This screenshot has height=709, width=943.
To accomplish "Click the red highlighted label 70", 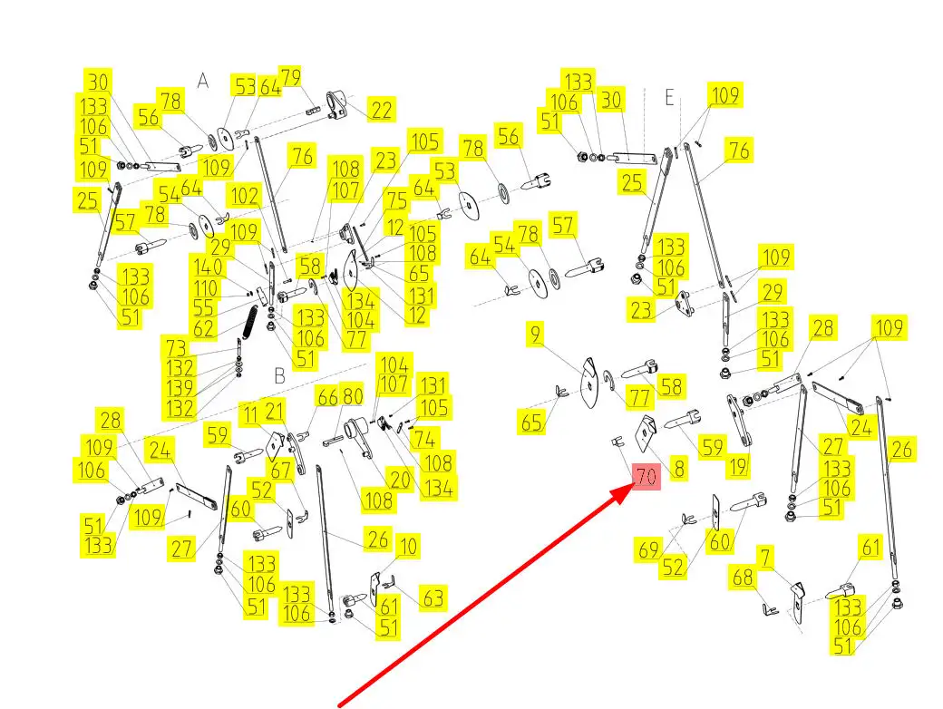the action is click(646, 478).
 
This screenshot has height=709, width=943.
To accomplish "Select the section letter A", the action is click(203, 82).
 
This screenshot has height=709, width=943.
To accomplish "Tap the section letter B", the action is click(279, 374).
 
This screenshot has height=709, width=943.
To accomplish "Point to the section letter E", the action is click(670, 98).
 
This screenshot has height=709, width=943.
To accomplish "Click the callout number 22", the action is click(383, 110).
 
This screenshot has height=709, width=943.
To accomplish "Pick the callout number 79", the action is click(289, 78).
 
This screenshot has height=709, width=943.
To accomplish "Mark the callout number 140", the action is click(207, 267).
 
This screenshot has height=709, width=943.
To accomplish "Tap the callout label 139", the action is click(180, 388).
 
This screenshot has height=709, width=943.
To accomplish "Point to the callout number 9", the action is click(536, 336).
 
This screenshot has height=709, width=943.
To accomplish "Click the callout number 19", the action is click(738, 468).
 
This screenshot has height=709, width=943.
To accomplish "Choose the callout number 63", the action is click(433, 597).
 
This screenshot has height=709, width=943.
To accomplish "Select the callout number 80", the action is click(352, 397).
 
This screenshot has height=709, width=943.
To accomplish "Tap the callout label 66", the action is click(326, 397).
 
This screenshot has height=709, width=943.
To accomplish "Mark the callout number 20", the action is click(399, 481).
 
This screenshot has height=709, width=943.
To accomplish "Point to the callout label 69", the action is click(647, 549).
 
